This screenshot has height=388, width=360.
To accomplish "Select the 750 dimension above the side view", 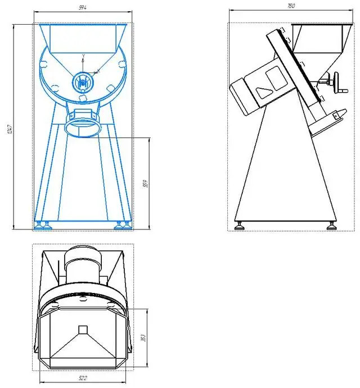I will (x=291, y=6).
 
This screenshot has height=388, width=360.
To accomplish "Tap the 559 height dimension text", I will (x=144, y=183).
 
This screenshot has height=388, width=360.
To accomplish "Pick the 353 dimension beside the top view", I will (x=142, y=337).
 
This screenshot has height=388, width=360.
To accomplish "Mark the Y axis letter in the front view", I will (x=83, y=56).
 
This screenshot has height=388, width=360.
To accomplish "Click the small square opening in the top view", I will (x=83, y=330).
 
